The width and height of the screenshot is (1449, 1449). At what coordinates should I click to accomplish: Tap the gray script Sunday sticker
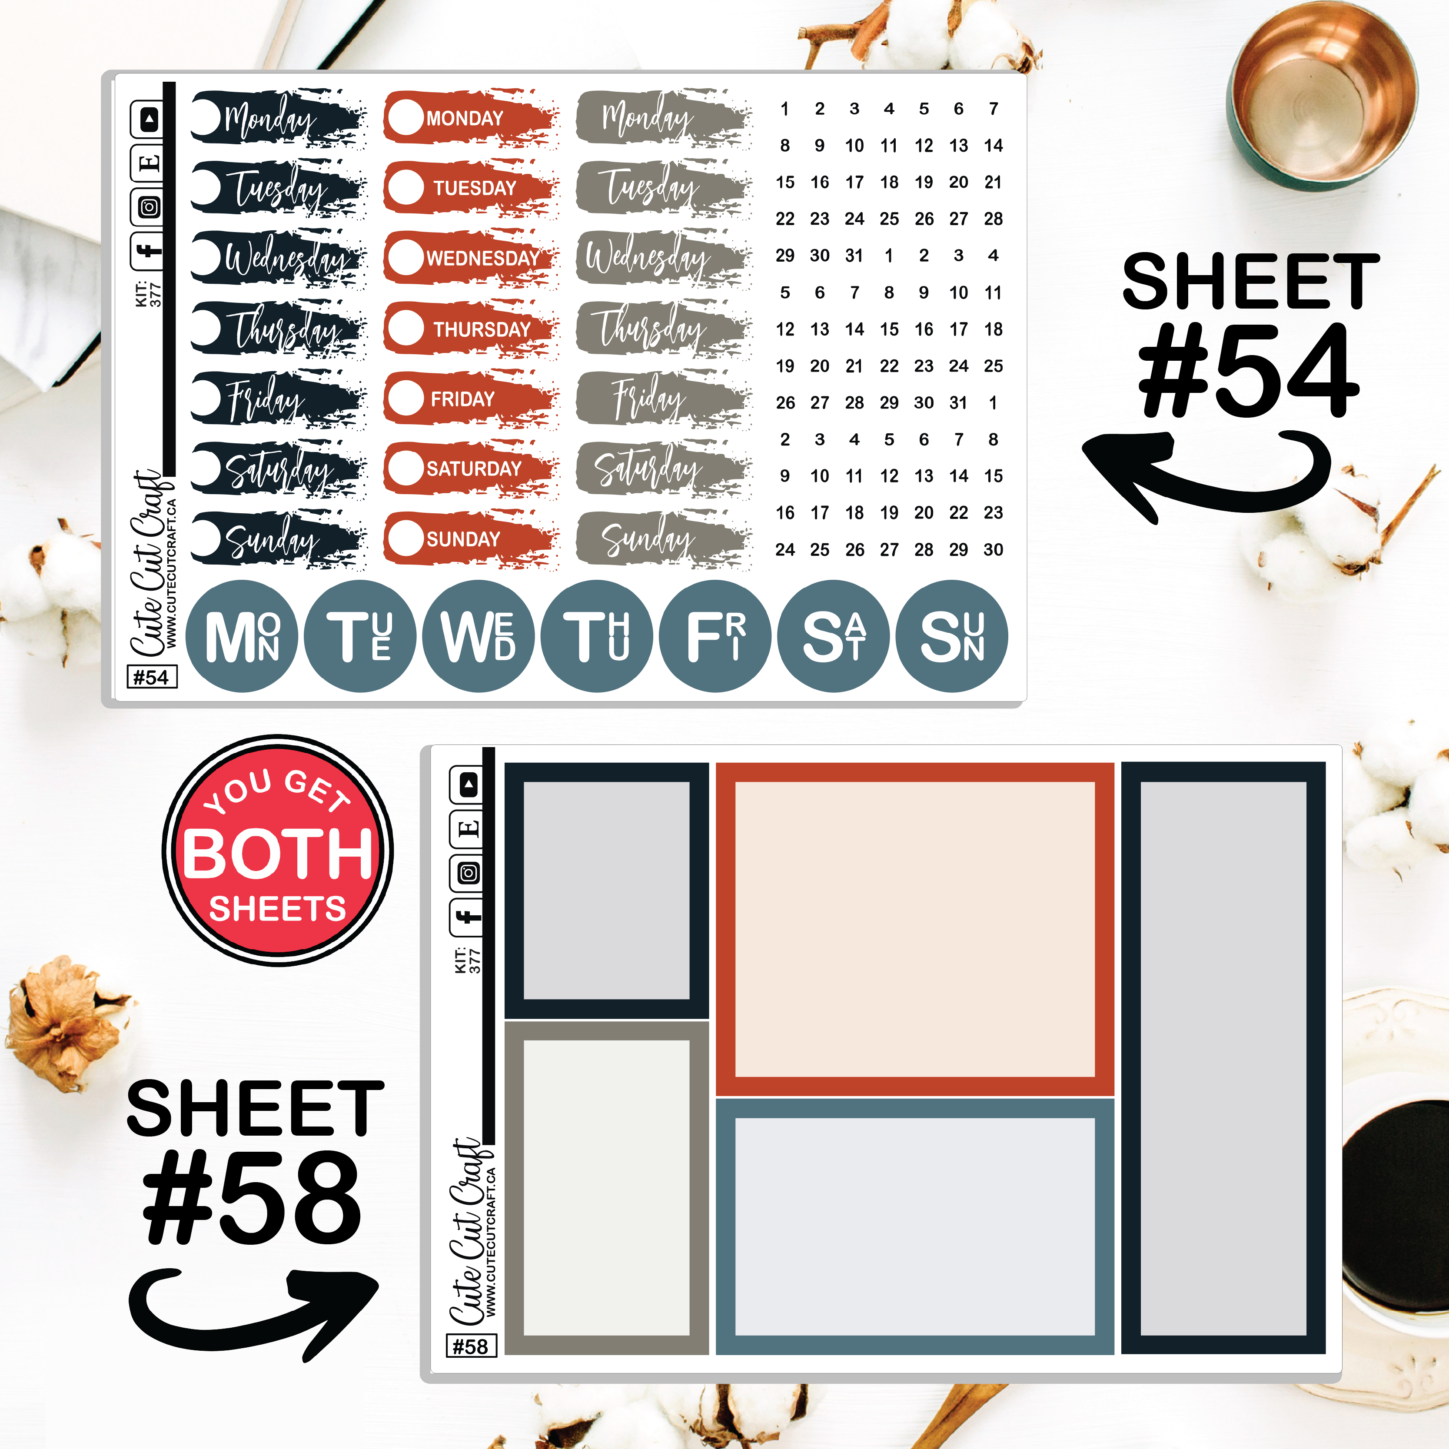664,538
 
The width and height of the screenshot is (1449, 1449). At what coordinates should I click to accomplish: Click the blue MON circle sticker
242,636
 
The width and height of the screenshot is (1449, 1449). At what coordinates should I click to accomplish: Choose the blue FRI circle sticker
716,636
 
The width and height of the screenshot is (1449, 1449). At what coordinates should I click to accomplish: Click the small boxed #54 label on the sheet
152,677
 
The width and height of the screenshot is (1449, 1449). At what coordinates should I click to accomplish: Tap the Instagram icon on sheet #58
468,873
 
